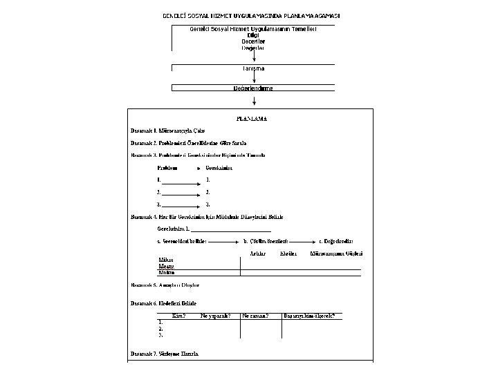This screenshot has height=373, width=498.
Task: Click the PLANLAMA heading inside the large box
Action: pos(252,118)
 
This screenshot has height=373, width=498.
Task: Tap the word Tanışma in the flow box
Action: pos(253,69)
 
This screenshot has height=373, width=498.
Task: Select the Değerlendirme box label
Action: pos(253,88)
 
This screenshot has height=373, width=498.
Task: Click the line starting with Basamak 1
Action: pos(168,131)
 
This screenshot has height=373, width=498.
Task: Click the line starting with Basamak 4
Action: pos(207,217)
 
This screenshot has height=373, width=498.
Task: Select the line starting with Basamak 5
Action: pos(165,285)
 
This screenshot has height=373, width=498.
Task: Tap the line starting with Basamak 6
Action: pos(164,303)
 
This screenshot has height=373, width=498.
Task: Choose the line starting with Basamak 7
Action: pos(165,353)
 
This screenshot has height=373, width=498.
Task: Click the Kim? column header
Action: pos(178,316)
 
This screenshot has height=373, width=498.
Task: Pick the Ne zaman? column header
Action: pos(256,316)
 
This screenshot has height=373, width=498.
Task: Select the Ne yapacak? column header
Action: pos(215,316)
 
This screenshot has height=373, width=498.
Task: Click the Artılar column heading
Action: pos(257,254)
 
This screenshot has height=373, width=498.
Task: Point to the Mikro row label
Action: pos(166,260)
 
